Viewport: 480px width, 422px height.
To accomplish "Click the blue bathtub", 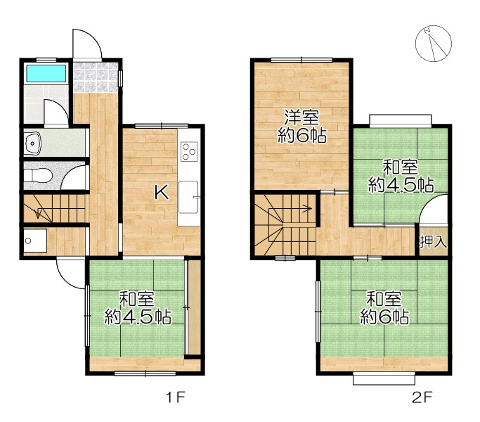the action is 46,74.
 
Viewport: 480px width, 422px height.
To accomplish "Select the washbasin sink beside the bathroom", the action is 33,143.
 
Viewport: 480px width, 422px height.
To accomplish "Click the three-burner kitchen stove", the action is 189,151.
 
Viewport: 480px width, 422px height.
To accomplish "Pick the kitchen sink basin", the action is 188,197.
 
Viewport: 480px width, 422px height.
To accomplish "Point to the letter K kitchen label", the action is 161,193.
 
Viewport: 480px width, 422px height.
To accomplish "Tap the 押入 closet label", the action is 433,242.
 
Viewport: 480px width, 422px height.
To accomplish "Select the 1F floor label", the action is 176,397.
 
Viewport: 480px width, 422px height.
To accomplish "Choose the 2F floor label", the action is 422,397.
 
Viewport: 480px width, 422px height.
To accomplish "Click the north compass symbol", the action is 433,44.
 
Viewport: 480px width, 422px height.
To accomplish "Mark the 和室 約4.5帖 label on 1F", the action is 138,308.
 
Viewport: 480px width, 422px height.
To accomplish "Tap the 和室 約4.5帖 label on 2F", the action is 401,176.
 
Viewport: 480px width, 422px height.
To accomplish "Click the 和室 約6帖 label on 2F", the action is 384,308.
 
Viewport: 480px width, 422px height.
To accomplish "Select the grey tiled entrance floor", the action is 96,77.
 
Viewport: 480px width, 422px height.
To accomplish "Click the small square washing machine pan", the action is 35,241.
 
